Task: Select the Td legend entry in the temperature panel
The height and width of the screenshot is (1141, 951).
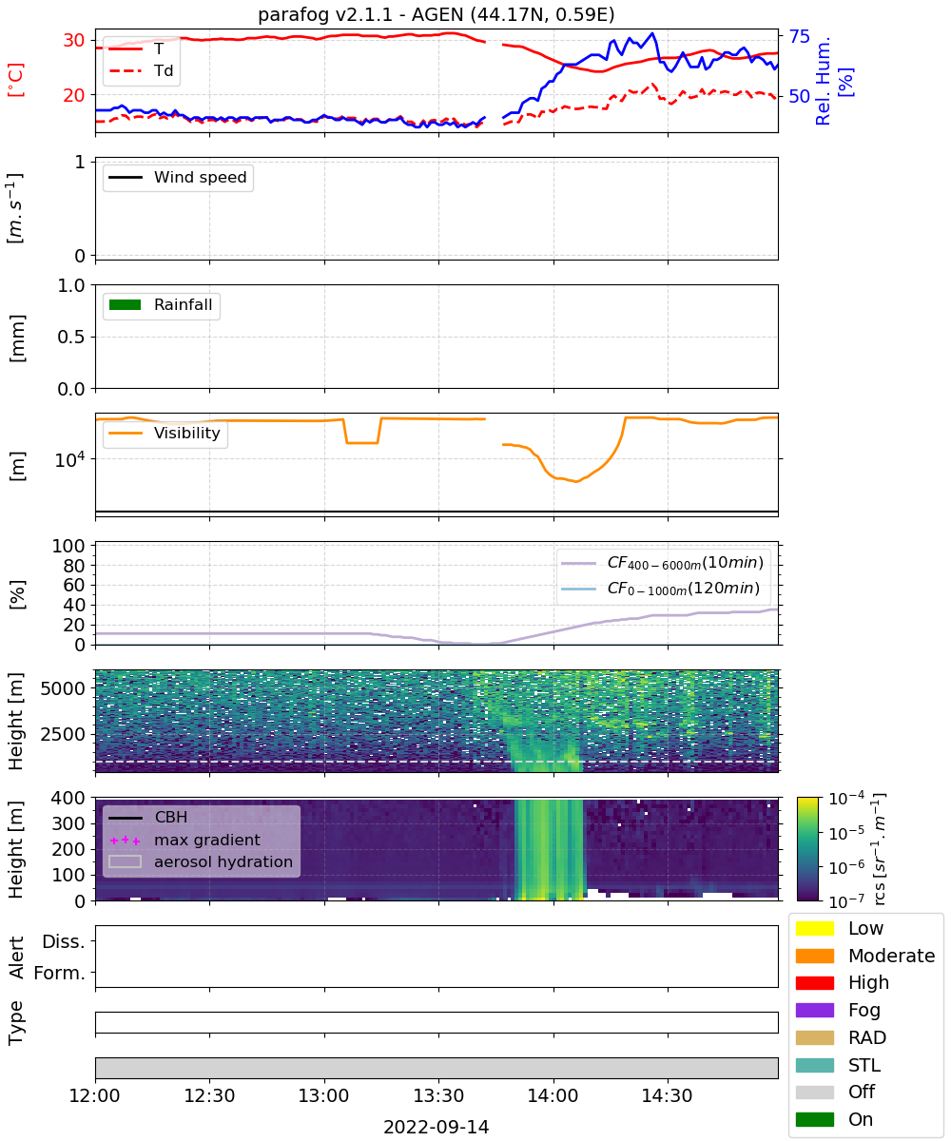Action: pyautogui.click(x=141, y=70)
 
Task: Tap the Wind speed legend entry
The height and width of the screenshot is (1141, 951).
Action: pyautogui.click(x=178, y=177)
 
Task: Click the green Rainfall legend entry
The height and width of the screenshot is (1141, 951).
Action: pyautogui.click(x=161, y=304)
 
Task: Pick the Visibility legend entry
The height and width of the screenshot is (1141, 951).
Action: pyautogui.click(x=164, y=433)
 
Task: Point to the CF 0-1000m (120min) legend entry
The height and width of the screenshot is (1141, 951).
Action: pyautogui.click(x=660, y=589)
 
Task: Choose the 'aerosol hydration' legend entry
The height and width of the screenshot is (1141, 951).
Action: pyautogui.click(x=201, y=861)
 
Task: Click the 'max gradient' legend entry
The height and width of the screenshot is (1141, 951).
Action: pyautogui.click(x=184, y=840)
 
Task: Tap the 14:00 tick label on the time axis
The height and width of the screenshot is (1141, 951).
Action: pyautogui.click(x=553, y=1095)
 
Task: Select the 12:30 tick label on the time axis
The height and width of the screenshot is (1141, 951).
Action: pyautogui.click(x=209, y=1095)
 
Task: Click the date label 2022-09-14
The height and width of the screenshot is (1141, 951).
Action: pyautogui.click(x=437, y=1127)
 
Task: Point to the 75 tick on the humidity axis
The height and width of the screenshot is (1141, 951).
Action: pyautogui.click(x=799, y=37)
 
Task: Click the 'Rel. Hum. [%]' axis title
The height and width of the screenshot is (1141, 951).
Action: pyautogui.click(x=833, y=81)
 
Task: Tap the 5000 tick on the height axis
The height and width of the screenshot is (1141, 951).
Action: pyautogui.click(x=63, y=688)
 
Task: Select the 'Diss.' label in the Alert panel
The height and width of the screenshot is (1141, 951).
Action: pyautogui.click(x=64, y=941)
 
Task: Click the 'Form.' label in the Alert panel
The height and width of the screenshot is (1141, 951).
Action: pyautogui.click(x=60, y=974)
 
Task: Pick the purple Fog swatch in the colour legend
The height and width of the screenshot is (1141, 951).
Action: pyautogui.click(x=814, y=1010)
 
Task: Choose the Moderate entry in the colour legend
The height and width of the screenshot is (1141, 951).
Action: pyautogui.click(x=865, y=956)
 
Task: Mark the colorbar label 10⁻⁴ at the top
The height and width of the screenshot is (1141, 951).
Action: pyautogui.click(x=846, y=799)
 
